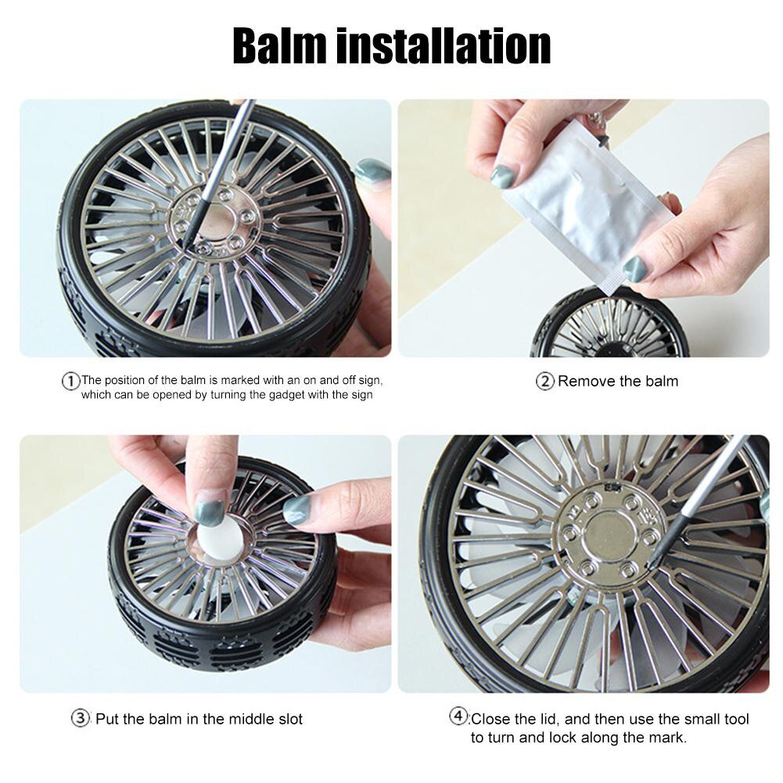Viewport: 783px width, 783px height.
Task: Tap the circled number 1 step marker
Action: (x=71, y=381)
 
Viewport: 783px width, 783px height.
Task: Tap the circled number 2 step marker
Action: (x=544, y=382)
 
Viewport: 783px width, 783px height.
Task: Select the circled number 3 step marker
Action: (x=81, y=718)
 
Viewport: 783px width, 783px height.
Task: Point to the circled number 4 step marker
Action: (x=458, y=717)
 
